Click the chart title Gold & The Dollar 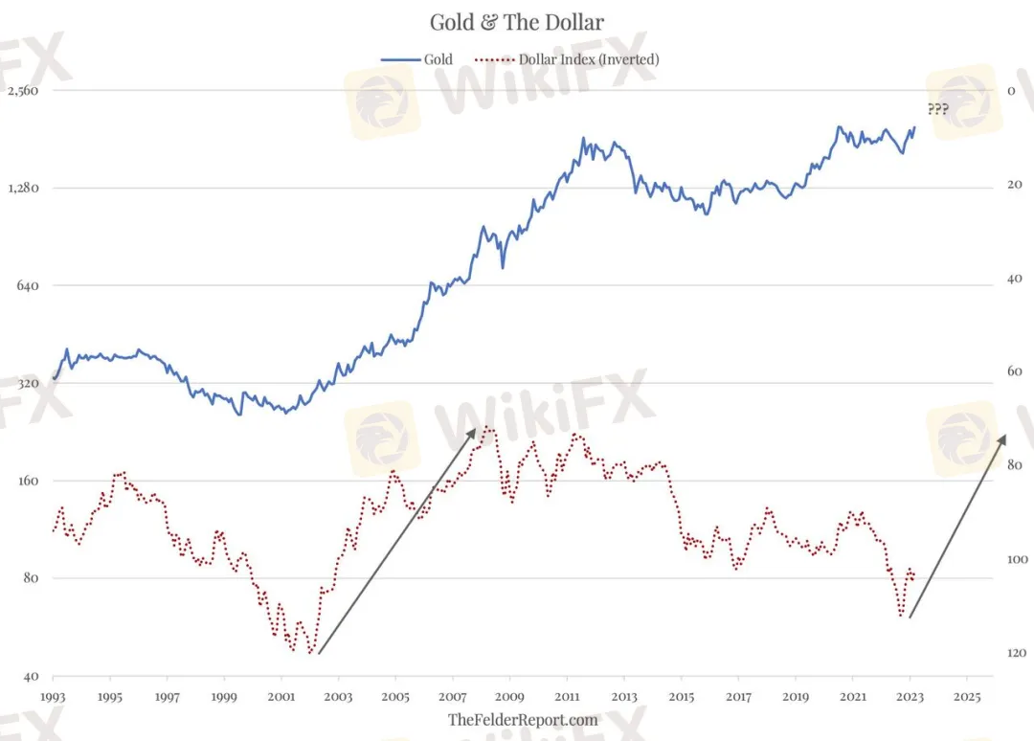[516, 22]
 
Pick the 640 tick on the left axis [29, 285]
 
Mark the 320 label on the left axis [29, 383]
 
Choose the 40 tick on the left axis [32, 675]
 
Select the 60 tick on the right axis [1014, 371]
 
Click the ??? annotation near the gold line [937, 109]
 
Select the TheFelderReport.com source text [523, 720]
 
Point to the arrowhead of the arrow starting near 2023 [1004, 436]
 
